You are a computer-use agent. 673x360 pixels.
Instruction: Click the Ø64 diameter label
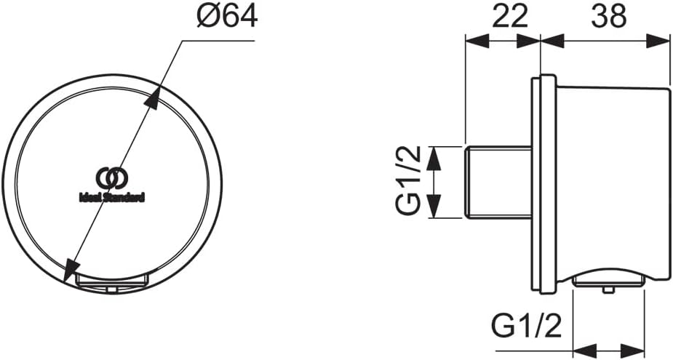(227, 17)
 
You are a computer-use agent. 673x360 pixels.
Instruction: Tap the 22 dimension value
(509, 17)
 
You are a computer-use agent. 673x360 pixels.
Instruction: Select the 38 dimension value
(609, 17)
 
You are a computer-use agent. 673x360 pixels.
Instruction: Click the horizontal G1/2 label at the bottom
(526, 327)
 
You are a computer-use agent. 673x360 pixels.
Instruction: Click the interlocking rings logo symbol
(112, 178)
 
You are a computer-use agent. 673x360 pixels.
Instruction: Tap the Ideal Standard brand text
(112, 198)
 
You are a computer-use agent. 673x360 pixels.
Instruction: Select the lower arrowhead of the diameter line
(71, 271)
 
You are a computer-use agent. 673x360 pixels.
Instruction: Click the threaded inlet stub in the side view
(498, 183)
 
